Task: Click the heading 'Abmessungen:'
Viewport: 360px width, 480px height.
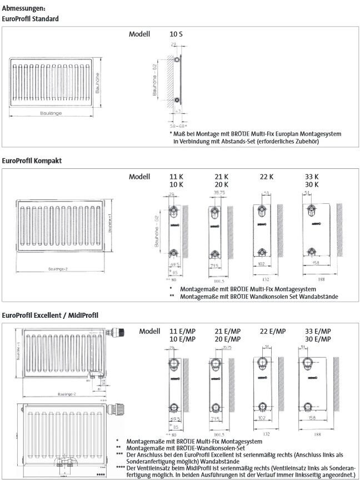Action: [x=24, y=8]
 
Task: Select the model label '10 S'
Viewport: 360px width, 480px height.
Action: [x=176, y=34]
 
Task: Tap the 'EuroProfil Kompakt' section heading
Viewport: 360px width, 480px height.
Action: [x=32, y=161]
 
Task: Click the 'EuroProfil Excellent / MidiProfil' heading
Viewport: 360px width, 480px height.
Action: [x=51, y=315]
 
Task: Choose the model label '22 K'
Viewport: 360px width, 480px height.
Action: [x=267, y=176]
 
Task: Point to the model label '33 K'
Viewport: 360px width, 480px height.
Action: [x=312, y=176]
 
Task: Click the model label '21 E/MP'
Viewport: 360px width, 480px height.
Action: [x=228, y=331]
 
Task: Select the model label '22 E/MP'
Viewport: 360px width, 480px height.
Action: [x=273, y=331]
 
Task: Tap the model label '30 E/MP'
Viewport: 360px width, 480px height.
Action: [x=319, y=339]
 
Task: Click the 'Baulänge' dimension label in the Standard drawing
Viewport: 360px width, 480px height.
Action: [x=51, y=113]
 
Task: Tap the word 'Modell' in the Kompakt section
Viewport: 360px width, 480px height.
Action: [x=140, y=176]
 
